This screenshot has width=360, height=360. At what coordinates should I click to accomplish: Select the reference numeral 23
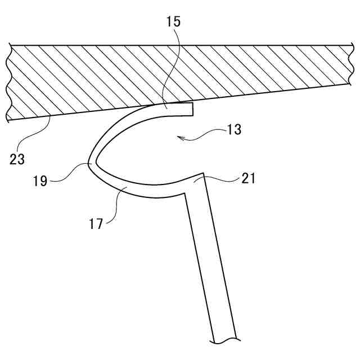tap(17, 159)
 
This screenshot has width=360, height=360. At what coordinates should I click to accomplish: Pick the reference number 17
tap(96, 224)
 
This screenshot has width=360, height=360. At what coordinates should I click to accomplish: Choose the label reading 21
tap(248, 178)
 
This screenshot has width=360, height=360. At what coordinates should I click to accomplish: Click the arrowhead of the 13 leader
tap(178, 136)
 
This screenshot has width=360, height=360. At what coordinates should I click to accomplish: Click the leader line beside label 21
tap(219, 179)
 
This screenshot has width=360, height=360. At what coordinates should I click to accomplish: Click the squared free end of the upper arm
tap(192, 109)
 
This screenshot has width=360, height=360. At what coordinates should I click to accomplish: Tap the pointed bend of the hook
tap(92, 163)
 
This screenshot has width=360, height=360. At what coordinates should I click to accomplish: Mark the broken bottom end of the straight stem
tap(228, 340)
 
